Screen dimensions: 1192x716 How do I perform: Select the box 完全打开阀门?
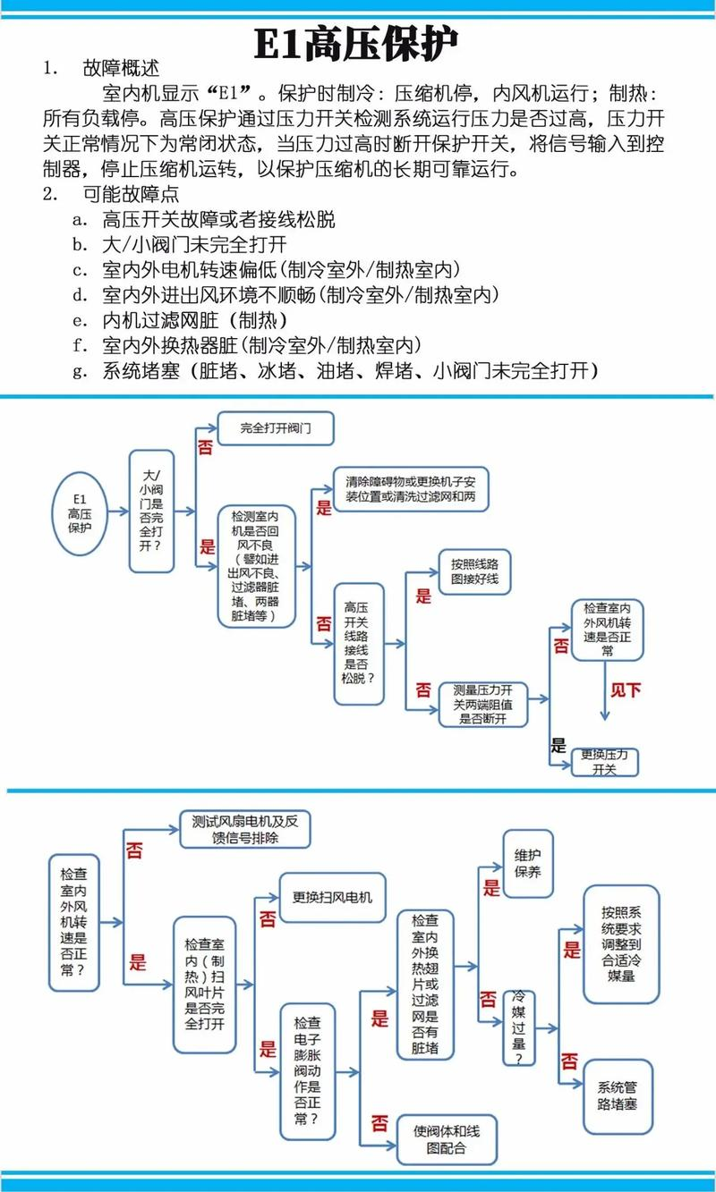[x=276, y=427]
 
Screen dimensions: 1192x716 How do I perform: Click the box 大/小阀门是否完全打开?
[x=151, y=511]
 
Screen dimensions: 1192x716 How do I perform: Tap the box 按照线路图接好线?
[x=481, y=574]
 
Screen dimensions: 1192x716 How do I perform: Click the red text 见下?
[x=626, y=690]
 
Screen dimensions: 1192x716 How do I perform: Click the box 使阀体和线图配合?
[x=441, y=1139]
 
